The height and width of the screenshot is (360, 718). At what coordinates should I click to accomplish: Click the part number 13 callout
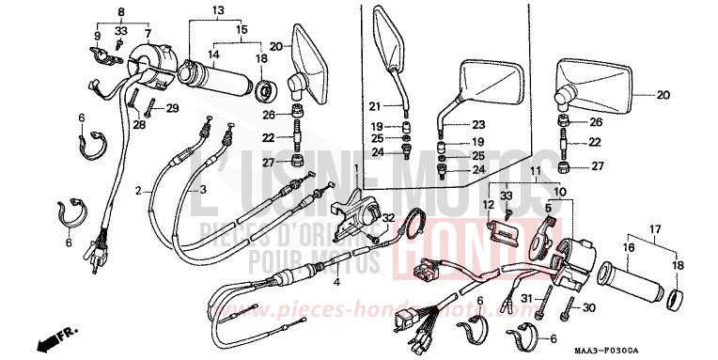[x=218, y=10]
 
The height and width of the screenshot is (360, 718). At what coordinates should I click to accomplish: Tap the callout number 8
[x=120, y=10]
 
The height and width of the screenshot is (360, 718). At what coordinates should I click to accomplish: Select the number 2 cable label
[x=138, y=190]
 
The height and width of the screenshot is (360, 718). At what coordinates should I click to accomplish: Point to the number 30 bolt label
[x=588, y=308]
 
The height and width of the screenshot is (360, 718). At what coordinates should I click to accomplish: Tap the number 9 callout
[x=96, y=37]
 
